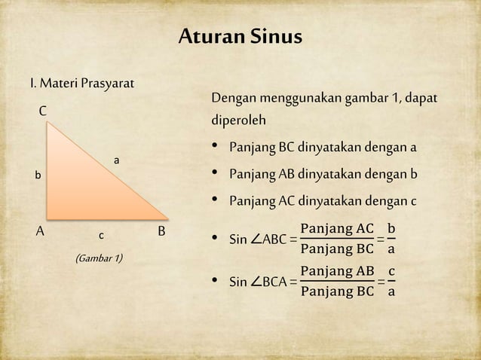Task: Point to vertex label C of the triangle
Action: click(43, 111)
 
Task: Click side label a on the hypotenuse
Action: click(116, 160)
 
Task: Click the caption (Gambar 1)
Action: click(100, 260)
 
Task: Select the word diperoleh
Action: click(238, 121)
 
